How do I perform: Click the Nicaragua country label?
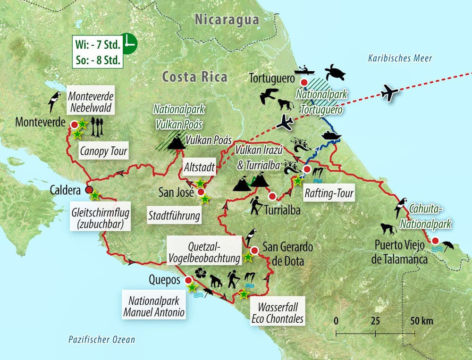227,20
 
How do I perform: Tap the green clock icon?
128,43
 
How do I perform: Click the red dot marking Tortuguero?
304,83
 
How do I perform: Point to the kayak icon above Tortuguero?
304,72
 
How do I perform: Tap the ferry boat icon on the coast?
331,136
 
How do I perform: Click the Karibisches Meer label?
400,58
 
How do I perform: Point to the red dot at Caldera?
88,190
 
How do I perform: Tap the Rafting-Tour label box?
329,193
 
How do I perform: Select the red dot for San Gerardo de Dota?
254,251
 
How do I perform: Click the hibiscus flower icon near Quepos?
201,273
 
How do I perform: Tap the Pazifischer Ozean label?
101,339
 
